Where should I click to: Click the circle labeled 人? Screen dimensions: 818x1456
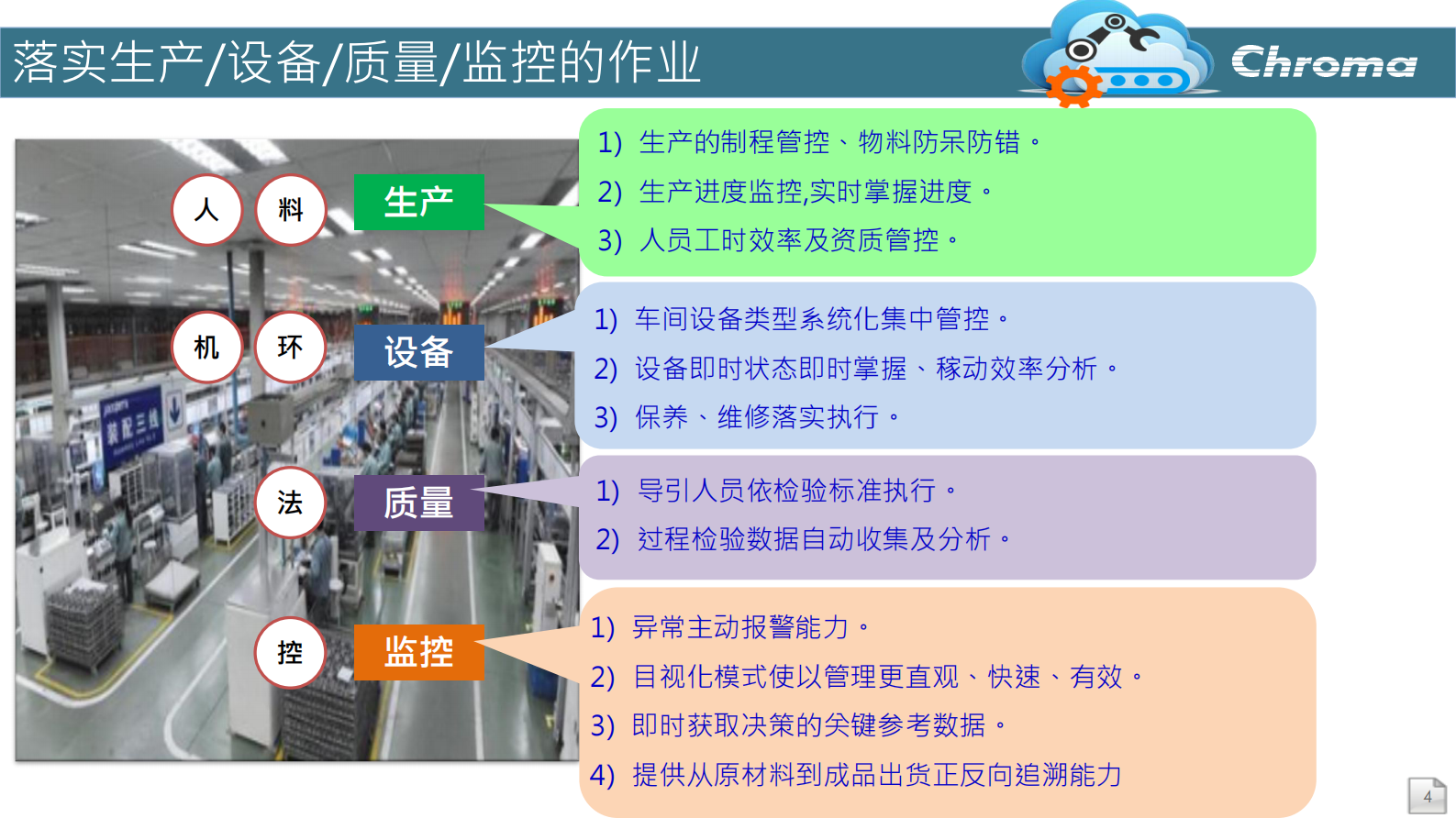207,210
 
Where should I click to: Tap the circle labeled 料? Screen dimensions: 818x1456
291,210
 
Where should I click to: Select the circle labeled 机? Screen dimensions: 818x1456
207,347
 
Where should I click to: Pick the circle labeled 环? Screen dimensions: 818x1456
291,347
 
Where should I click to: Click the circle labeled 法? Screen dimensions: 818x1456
291,503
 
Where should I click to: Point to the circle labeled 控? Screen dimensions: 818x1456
291,652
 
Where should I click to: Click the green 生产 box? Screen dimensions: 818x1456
418,202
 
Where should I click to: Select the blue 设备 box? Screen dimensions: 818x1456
418,352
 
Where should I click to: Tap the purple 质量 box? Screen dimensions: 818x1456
418,503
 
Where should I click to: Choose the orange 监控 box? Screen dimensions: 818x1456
418,652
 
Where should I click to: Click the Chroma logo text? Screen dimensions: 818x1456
1323,62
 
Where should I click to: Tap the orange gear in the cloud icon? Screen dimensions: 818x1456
1073,86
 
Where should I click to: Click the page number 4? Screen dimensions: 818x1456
1427,797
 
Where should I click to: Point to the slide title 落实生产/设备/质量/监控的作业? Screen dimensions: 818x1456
357,62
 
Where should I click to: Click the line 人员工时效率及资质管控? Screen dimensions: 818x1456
789,240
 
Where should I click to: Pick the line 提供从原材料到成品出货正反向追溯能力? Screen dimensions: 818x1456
876,775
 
